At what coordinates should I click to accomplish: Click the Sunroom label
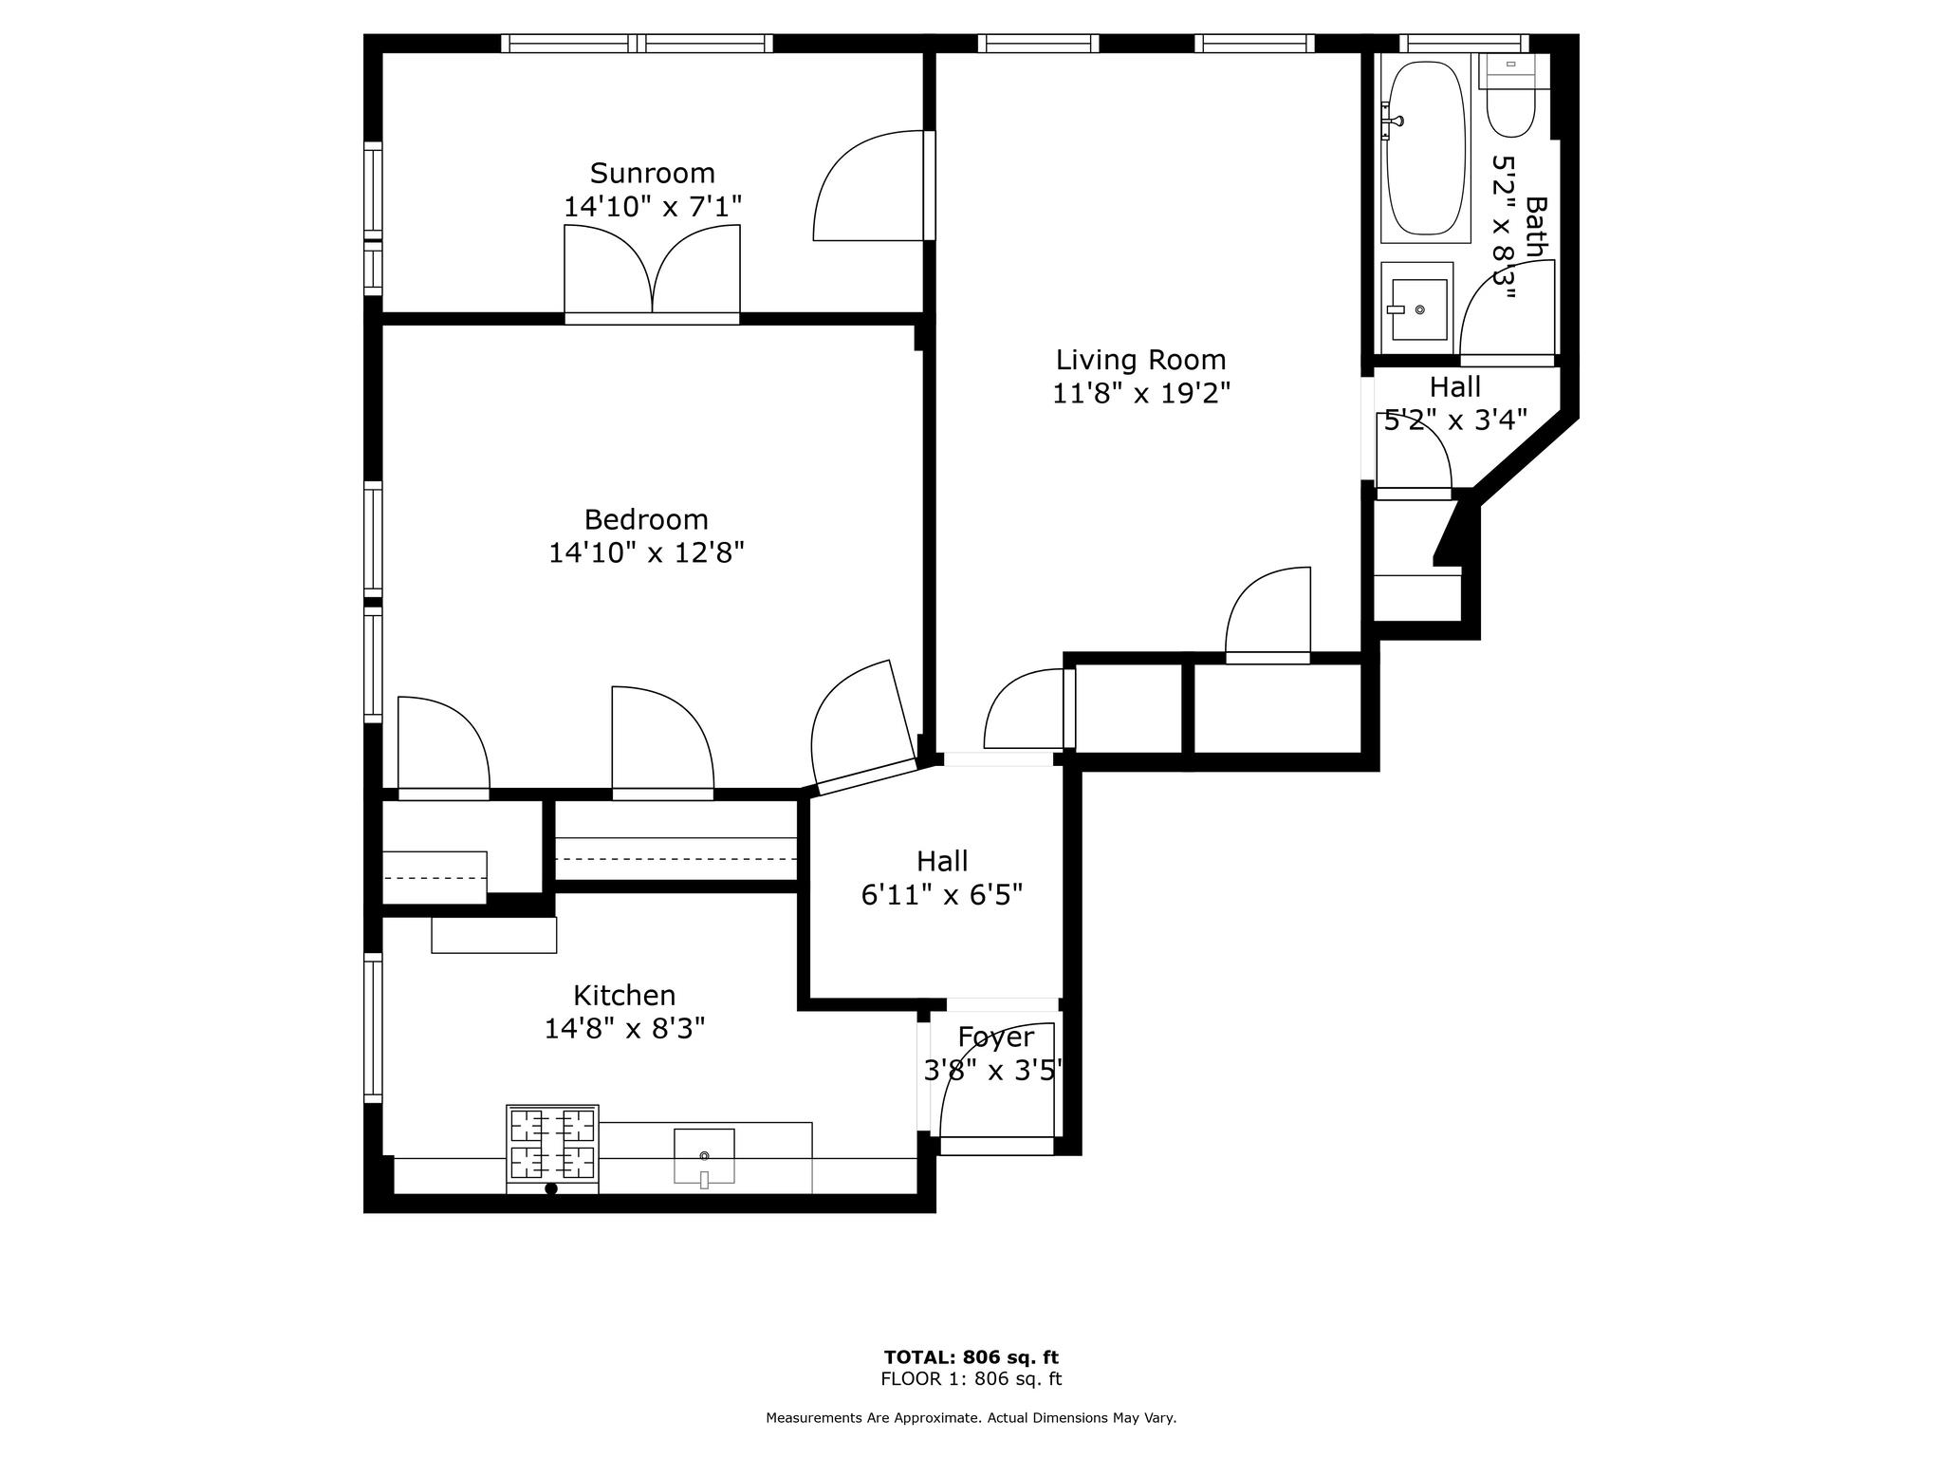(652, 174)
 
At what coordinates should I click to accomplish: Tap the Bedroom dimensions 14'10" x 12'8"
(646, 552)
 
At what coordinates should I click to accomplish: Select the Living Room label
(1140, 360)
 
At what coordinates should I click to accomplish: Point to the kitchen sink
(704, 1155)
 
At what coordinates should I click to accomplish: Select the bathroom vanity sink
(1417, 308)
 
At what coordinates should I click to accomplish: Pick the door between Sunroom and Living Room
(868, 188)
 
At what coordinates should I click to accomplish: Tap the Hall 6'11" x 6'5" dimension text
(941, 895)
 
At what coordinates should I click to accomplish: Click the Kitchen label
(624, 995)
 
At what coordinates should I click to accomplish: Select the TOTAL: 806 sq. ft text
(971, 1357)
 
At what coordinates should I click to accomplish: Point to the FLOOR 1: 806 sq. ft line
(971, 1379)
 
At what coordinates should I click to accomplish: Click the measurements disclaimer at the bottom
(971, 1418)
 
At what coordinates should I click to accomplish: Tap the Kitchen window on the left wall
(373, 1027)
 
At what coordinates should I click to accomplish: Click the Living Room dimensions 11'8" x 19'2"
(1140, 393)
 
